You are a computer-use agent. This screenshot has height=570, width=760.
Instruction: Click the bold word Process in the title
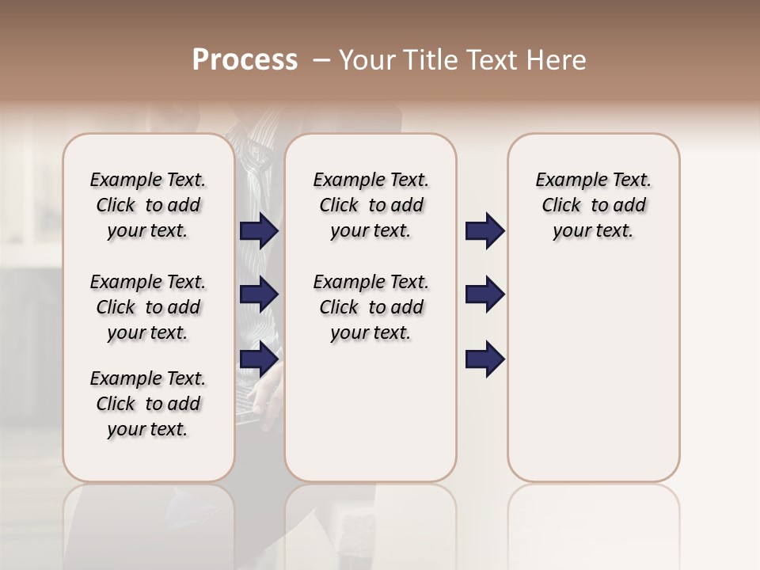(245, 60)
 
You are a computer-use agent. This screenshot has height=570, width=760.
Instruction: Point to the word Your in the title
(367, 60)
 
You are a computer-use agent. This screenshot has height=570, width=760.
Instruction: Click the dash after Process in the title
(321, 61)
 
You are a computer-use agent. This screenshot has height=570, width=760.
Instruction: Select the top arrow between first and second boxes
(259, 231)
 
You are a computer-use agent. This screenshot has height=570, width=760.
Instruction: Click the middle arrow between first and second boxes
(259, 294)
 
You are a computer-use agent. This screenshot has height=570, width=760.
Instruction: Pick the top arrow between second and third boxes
(484, 231)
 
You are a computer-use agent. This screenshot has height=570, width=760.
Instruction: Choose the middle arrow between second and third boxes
(484, 294)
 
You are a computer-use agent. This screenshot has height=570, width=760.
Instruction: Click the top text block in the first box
(148, 205)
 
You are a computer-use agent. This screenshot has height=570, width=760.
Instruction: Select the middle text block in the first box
(148, 307)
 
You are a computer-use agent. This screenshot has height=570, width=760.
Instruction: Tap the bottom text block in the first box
(148, 404)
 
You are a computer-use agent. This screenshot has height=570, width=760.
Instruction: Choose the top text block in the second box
(370, 205)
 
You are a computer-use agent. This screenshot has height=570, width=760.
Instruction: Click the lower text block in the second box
(370, 307)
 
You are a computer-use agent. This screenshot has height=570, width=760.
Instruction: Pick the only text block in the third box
(593, 205)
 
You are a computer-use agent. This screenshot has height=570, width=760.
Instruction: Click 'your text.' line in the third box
(593, 230)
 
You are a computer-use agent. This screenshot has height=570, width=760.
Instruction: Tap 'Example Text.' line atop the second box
(370, 180)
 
